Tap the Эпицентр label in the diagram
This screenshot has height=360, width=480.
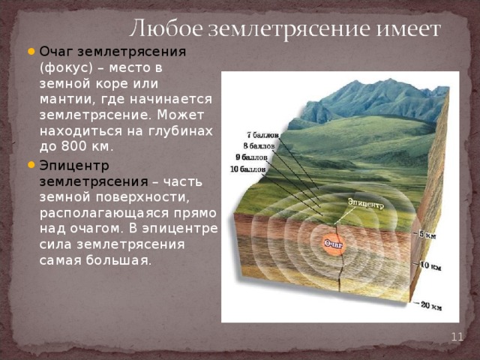pos(366,202)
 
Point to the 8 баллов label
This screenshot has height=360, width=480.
pos(259,145)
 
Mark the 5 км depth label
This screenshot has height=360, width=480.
pos(427,235)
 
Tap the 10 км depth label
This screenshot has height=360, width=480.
pos(430,265)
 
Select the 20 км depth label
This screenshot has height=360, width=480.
pos(430,305)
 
